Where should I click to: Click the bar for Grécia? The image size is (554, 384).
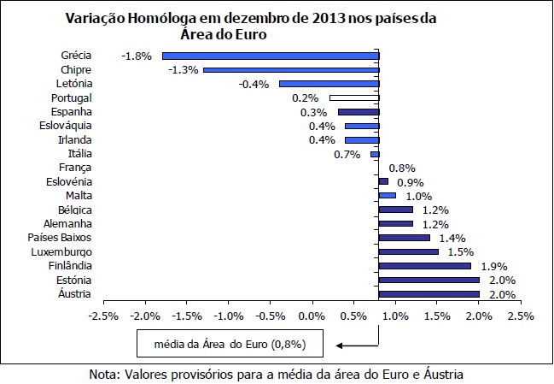coord(271,56)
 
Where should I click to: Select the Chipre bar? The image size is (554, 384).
coord(291,70)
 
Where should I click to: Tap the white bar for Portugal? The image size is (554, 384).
coord(341,98)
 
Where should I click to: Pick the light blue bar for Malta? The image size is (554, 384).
coord(387,196)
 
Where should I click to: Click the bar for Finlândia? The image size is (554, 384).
coord(424,266)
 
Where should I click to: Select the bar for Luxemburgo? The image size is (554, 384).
coord(408,251)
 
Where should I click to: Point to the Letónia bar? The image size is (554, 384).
coord(329,84)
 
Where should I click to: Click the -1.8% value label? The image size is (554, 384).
coord(137,56)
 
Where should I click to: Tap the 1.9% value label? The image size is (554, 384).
coord(495,266)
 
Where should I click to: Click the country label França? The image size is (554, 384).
coord(76,168)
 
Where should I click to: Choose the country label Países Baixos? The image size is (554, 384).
coord(60,238)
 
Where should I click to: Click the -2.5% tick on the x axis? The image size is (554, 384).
coord(103,315)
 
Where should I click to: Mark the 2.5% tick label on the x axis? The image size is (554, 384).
coord(521,315)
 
